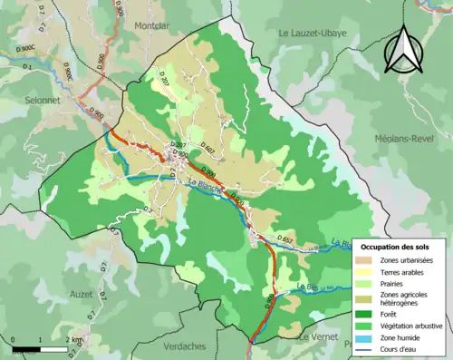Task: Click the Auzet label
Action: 81,295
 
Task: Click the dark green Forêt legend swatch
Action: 367,314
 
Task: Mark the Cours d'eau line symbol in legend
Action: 367,351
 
